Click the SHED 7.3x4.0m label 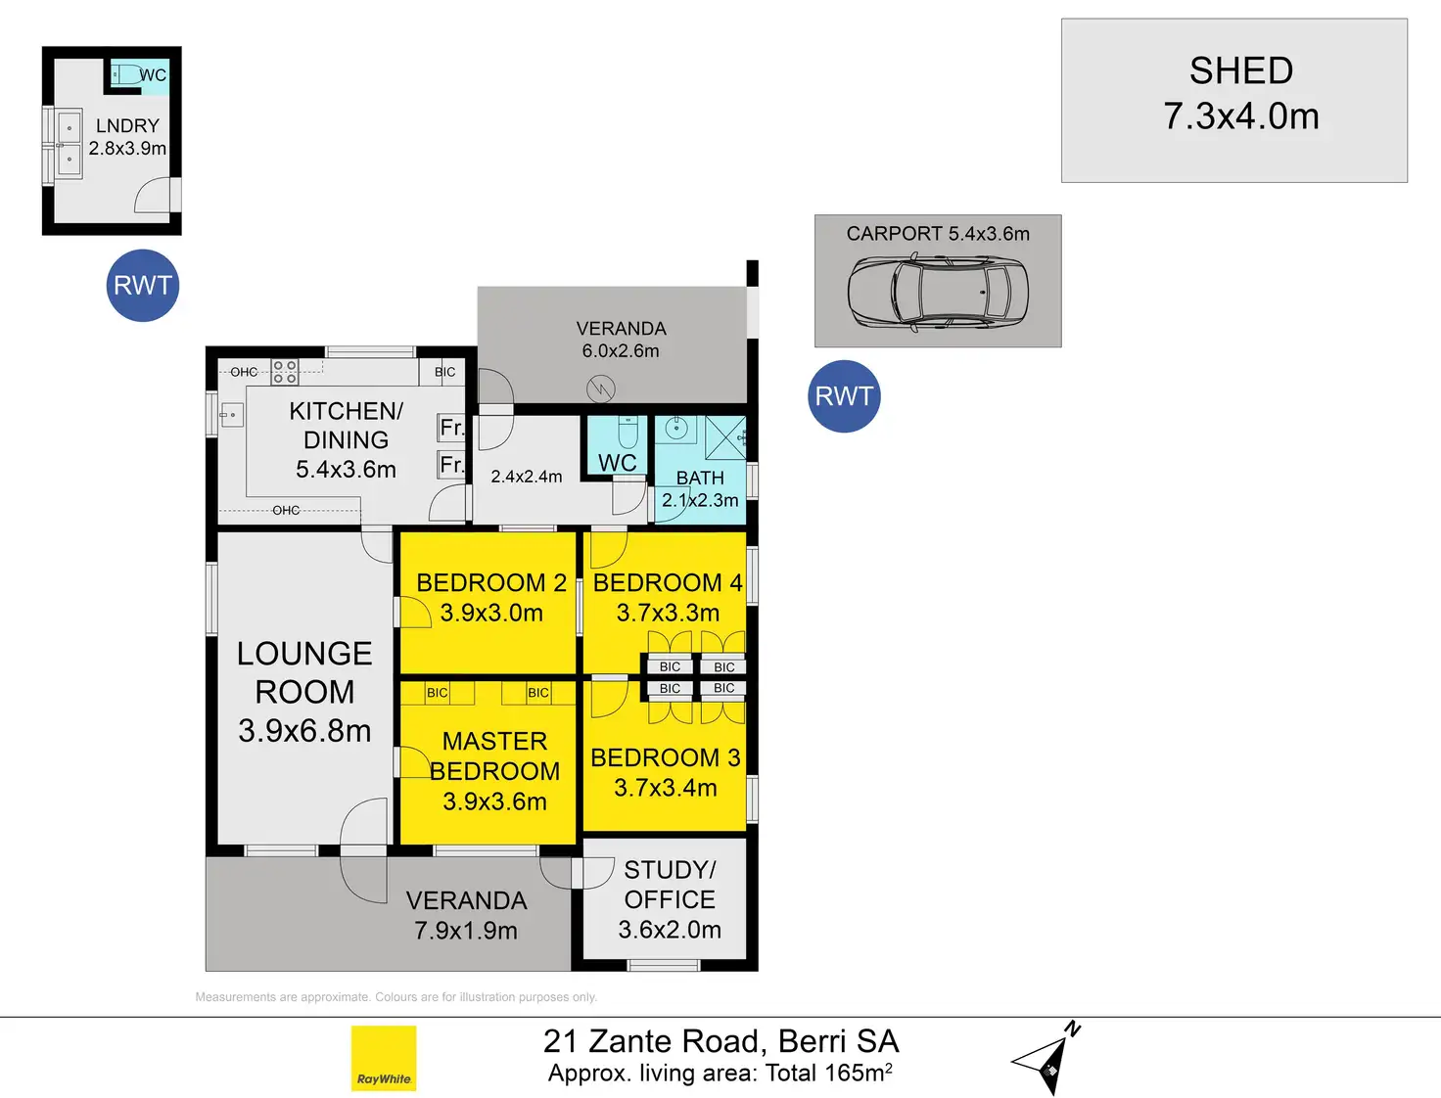click(1240, 93)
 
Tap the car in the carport click(937, 292)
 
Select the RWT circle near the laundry click(143, 286)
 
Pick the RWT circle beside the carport click(844, 396)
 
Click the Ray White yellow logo click(384, 1058)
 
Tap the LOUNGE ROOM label click(304, 691)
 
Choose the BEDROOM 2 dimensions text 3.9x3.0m click(491, 614)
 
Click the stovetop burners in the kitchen click(285, 372)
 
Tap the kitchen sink click(231, 416)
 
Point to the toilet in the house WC click(628, 431)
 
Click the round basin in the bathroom click(676, 428)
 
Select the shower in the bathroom click(725, 437)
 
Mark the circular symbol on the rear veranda click(600, 389)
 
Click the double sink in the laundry click(69, 144)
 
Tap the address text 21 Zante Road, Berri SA click(720, 1041)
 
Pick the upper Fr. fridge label click(450, 428)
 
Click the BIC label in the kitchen click(444, 372)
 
